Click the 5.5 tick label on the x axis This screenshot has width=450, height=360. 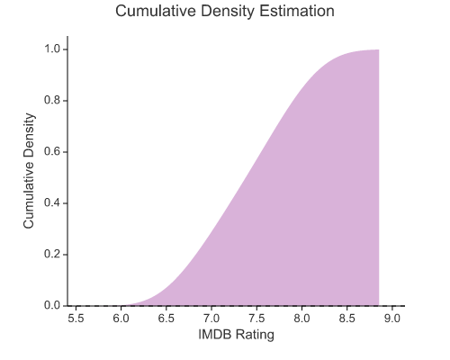click(x=76, y=318)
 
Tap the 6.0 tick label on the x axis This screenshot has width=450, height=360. click(x=121, y=318)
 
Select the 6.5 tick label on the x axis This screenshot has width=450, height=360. click(x=166, y=318)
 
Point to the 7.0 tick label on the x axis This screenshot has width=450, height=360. click(x=211, y=318)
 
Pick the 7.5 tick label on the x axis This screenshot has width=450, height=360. click(x=256, y=318)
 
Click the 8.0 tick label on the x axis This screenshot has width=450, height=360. click(x=301, y=318)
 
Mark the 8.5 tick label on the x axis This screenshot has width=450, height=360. click(x=346, y=318)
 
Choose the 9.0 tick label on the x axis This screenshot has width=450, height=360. click(x=391, y=318)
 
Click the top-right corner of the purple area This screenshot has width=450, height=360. click(x=379, y=50)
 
